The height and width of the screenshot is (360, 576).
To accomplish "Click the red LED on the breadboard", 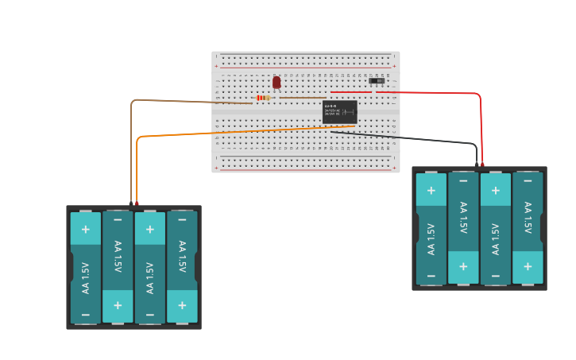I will click(x=276, y=82).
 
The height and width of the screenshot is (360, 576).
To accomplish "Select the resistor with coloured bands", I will click(x=263, y=98).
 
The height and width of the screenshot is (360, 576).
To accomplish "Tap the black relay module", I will click(x=339, y=112).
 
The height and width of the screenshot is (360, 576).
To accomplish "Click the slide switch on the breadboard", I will click(x=377, y=80).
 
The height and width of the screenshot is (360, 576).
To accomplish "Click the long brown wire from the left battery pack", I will click(x=183, y=100).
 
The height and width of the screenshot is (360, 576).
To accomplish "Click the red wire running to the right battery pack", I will click(x=445, y=93).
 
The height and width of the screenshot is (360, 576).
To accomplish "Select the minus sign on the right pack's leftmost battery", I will click(x=431, y=276).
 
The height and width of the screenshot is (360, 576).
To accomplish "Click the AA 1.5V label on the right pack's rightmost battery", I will click(x=528, y=217).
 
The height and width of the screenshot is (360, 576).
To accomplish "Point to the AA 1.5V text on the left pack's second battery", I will click(x=118, y=256).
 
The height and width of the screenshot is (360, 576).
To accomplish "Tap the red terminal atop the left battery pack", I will click(x=137, y=203).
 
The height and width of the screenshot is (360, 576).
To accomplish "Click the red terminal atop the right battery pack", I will click(x=483, y=165).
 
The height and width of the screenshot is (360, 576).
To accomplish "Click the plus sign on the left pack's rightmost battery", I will click(x=182, y=305).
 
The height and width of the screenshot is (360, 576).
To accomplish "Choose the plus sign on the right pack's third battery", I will click(x=495, y=190).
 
